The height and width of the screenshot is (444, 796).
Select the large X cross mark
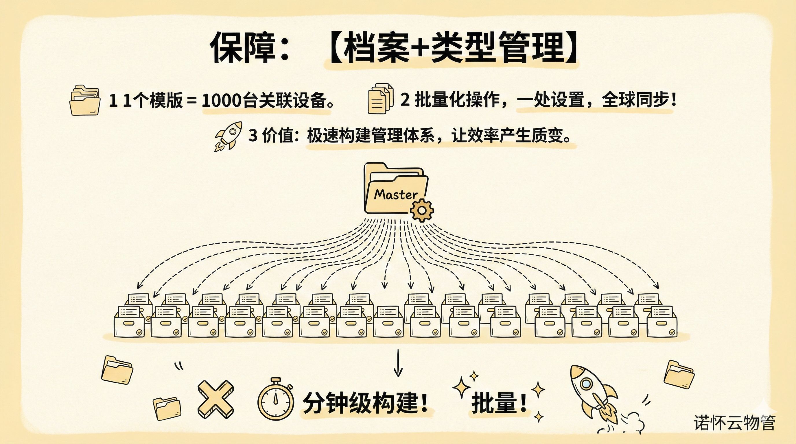click(215, 399)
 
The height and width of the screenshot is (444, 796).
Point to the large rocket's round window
click(585, 384)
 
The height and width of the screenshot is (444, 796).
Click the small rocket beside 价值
click(229, 136)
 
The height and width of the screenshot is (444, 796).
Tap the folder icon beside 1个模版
click(85, 100)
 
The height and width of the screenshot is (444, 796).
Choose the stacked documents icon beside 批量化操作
click(380, 99)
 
